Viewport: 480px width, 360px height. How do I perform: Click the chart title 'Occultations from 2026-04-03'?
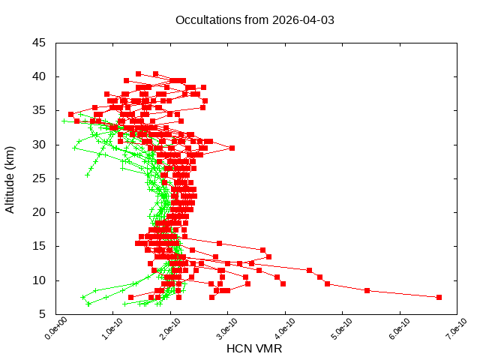pyautogui.click(x=255, y=20)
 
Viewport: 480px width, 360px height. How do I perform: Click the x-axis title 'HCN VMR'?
pyautogui.click(x=254, y=349)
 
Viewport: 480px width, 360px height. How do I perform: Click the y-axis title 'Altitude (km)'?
pyautogui.click(x=10, y=178)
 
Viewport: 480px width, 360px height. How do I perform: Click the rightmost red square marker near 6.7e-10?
pyautogui.click(x=439, y=297)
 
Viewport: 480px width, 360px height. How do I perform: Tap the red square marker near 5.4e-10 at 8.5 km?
pyautogui.click(x=367, y=290)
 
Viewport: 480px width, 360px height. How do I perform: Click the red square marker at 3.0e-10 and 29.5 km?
pyautogui.click(x=232, y=148)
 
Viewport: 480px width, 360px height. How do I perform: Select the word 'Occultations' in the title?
pyautogui.click(x=205, y=20)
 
